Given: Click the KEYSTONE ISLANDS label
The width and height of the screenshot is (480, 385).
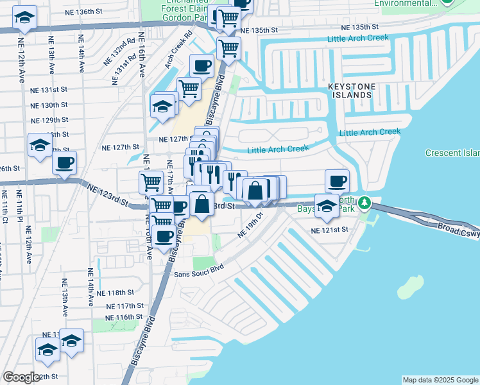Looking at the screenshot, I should tap(350, 90).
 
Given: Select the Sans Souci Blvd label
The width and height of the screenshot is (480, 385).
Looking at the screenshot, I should tap(199, 271).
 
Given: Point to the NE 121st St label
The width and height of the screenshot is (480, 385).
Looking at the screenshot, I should tap(329, 229).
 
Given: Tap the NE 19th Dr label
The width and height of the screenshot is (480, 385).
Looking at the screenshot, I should tap(251, 225).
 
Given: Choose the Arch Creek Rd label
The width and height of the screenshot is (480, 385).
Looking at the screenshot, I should tap(178, 51).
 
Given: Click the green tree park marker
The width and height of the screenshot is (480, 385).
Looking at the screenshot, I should tap(365, 203).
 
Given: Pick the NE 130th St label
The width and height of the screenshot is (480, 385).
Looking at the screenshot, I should tap(49, 105).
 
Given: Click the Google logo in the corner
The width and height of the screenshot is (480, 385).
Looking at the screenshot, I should tap(22, 377).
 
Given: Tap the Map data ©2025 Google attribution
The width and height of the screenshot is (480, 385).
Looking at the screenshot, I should tap(440, 380).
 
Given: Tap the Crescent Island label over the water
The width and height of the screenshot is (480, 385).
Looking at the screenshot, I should tap(452, 153).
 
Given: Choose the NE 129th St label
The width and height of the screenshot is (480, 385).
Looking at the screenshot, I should tap(50, 121).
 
